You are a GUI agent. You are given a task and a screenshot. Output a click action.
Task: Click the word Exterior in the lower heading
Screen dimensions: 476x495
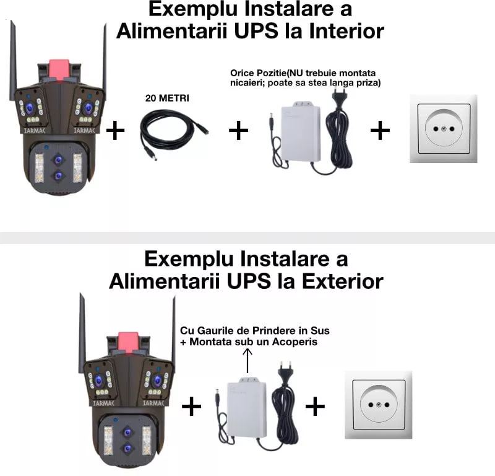coord(342,281)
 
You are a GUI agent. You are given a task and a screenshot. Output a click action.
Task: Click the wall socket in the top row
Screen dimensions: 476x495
coord(444,129)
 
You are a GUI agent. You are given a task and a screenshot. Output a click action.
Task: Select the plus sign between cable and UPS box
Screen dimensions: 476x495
coord(238,131)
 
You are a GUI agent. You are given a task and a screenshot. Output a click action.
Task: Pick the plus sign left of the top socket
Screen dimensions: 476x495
coord(380,130)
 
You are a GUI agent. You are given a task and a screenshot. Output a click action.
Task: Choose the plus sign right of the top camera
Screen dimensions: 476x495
coord(116,131)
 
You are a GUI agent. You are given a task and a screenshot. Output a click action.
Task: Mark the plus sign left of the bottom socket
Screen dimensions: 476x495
coord(315,407)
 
